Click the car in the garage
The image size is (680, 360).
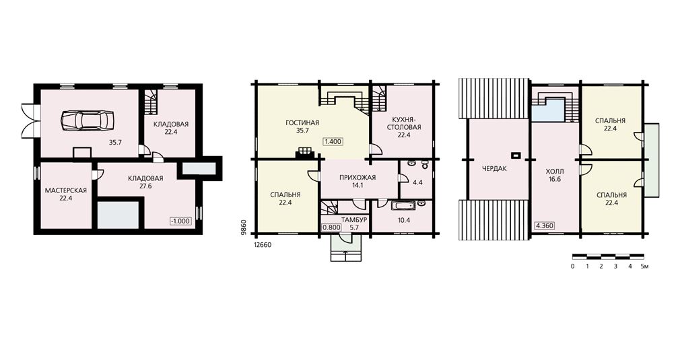pyautogui.click(x=88, y=120)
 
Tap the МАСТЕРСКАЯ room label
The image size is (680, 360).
pyautogui.click(x=66, y=190)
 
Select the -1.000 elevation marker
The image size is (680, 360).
pyautogui.click(x=180, y=221)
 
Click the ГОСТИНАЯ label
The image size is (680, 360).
pyautogui.click(x=302, y=122)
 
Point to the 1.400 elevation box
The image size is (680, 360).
pyautogui.click(x=333, y=141)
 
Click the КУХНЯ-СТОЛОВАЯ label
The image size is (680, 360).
pyautogui.click(x=404, y=123)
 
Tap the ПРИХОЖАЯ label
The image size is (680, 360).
pyautogui.click(x=358, y=177)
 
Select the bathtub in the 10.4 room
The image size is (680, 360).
pyautogui.click(x=403, y=205)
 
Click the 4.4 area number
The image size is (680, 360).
pyautogui.click(x=417, y=182)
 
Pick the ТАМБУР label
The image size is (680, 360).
pyautogui.click(x=354, y=219)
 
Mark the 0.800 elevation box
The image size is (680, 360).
pyautogui.click(x=331, y=227)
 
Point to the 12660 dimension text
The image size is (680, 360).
pyautogui.click(x=262, y=245)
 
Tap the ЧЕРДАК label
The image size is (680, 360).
pyautogui.click(x=494, y=168)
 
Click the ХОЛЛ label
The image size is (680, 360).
pyautogui.click(x=555, y=171)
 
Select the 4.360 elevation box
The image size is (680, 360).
pyautogui.click(x=544, y=225)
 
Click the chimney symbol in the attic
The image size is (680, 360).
pyautogui.click(x=516, y=155)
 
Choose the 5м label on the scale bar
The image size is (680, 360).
pyautogui.click(x=644, y=266)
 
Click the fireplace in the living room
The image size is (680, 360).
pyautogui.click(x=305, y=154)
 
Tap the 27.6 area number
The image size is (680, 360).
pyautogui.click(x=145, y=186)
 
